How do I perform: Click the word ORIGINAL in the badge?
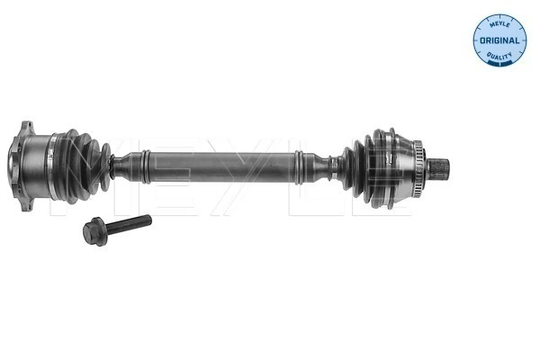(x=499, y=40)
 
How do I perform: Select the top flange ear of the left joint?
(x=24, y=129)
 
